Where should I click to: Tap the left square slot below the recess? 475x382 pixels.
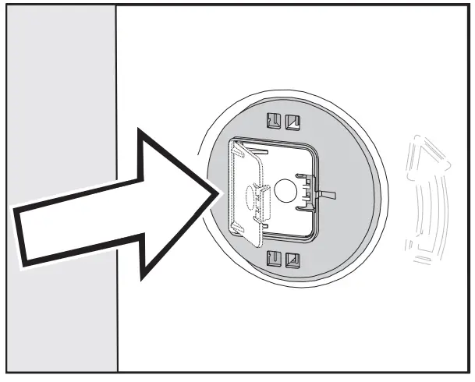[274, 259]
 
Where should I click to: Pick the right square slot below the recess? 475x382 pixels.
[292, 259]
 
